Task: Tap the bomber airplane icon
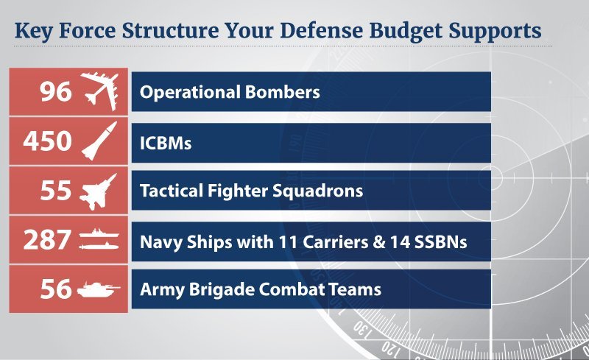101,91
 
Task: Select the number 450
47,141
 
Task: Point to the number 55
56,191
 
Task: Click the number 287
47,240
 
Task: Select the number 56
56,289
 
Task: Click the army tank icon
101,289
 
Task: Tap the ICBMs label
166,142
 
